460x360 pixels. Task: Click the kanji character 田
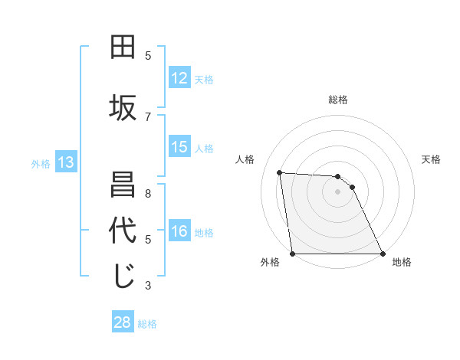pos(123,47)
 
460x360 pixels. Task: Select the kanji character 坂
pos(123,108)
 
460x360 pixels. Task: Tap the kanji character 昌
pos(123,185)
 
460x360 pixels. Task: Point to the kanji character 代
pos(123,231)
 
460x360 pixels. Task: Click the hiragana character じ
pos(123,277)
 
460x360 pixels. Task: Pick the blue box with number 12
pos(179,78)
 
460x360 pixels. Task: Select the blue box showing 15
pos(179,147)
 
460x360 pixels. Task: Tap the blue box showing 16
pos(179,231)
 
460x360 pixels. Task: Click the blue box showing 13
pos(65,162)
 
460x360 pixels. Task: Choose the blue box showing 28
pos(123,322)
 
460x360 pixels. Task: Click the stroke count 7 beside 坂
pos(148,116)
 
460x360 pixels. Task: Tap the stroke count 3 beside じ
pos(148,286)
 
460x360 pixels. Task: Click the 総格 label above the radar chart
pos(338,100)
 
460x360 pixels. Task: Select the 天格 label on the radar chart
pos(432,159)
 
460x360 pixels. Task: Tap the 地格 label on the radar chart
pos(402,263)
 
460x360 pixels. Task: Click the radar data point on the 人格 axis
pos(280,172)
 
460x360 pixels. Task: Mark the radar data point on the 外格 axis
pos(293,254)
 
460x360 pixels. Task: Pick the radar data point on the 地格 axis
pos(383,254)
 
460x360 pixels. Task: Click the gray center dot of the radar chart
pos(338,191)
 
